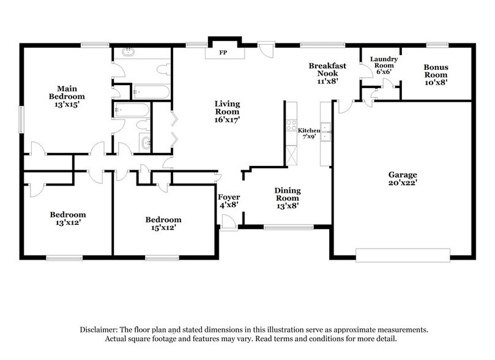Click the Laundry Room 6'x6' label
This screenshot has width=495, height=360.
tap(384, 65)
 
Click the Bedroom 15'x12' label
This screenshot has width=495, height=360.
tap(163, 224)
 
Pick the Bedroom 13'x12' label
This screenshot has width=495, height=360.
tap(67, 219)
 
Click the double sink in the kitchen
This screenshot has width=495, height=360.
tap(327, 128)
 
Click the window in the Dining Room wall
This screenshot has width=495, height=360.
tap(286, 228)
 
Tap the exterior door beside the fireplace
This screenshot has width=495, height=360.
tap(266, 48)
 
